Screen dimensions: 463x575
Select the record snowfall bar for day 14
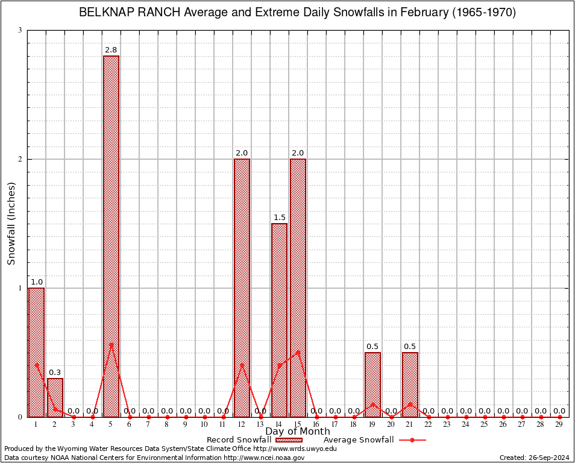[279, 320]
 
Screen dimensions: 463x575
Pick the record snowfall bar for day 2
[55, 397]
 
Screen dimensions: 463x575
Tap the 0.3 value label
[55, 373]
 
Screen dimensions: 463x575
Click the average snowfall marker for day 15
[298, 352]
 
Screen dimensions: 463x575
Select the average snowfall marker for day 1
[36, 365]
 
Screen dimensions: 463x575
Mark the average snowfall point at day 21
[410, 404]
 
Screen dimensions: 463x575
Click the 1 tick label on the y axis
[20, 288]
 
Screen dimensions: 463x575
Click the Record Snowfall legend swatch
[289, 440]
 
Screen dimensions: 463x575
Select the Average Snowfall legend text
[358, 440]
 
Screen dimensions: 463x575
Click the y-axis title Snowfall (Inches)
[11, 224]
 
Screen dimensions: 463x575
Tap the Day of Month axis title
[298, 432]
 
